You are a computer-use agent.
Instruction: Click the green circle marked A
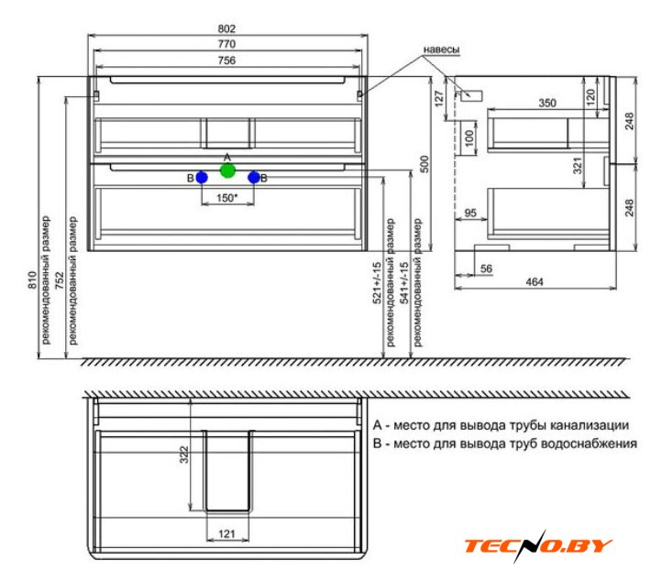pyautogui.click(x=227, y=170)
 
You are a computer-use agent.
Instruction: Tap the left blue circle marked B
pyautogui.click(x=202, y=178)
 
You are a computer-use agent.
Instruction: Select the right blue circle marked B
pyautogui.click(x=254, y=178)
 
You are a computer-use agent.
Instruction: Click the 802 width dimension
pyautogui.click(x=226, y=28)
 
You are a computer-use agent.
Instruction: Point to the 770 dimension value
pyautogui.click(x=226, y=44)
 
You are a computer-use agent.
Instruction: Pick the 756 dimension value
pyautogui.click(x=226, y=60)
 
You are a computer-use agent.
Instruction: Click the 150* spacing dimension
pyautogui.click(x=227, y=197)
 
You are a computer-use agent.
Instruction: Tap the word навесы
pyautogui.click(x=441, y=49)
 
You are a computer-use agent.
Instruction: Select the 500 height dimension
pyautogui.click(x=425, y=164)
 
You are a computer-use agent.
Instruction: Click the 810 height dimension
pyautogui.click(x=32, y=280)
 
